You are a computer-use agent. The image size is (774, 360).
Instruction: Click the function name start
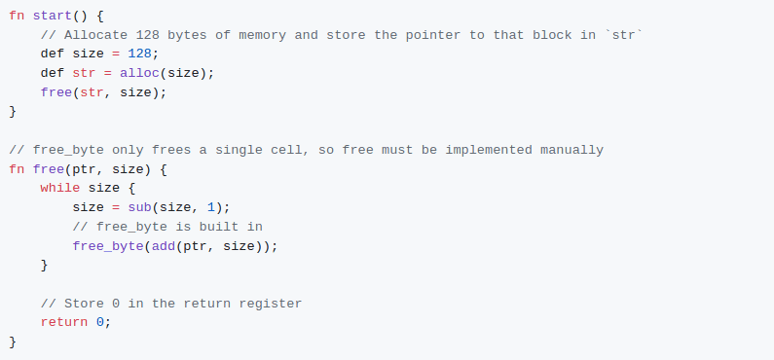53,16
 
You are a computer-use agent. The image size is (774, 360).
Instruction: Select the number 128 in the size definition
139,54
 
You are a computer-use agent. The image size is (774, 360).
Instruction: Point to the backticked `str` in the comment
624,35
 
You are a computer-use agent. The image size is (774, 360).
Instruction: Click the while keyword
60,188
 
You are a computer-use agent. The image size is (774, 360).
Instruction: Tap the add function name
164,245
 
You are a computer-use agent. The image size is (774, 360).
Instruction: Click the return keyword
64,322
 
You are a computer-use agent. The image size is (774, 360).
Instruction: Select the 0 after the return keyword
99,322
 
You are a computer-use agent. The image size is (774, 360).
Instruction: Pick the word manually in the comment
571,150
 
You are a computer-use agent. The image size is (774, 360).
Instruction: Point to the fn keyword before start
17,16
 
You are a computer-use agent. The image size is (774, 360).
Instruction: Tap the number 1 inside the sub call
210,207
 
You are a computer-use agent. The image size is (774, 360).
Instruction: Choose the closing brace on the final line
13,342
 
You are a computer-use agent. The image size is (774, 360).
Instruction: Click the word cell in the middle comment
286,150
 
